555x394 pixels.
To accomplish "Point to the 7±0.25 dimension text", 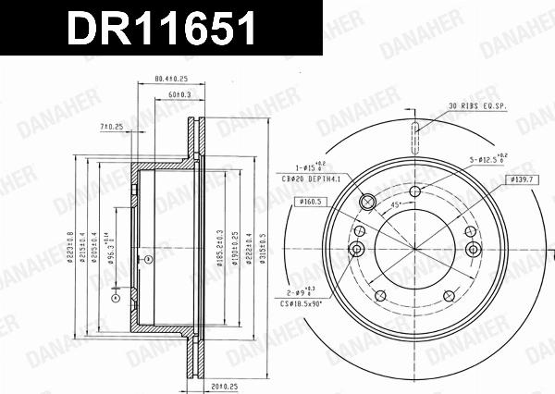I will pos(112,126).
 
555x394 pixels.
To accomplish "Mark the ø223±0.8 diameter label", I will pos(70,248).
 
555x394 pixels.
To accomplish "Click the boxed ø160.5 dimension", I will pos(309,201).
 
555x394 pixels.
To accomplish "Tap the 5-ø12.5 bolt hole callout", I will pos(489,160).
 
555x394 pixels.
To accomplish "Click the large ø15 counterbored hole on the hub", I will pos(366,201).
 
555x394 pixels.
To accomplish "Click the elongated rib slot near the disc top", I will pos(416,136).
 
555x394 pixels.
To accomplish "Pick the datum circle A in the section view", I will pos(115,298).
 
